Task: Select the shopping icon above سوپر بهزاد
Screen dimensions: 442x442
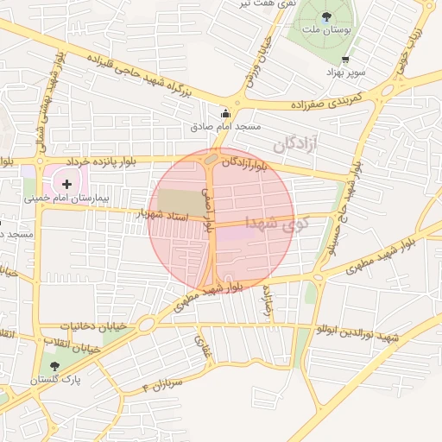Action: point(346,60)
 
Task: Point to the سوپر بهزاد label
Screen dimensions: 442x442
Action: point(347,73)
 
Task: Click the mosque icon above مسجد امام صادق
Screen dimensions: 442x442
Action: point(226,112)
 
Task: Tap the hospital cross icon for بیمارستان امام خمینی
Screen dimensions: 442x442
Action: point(66,183)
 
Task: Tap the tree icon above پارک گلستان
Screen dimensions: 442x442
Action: point(54,366)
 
